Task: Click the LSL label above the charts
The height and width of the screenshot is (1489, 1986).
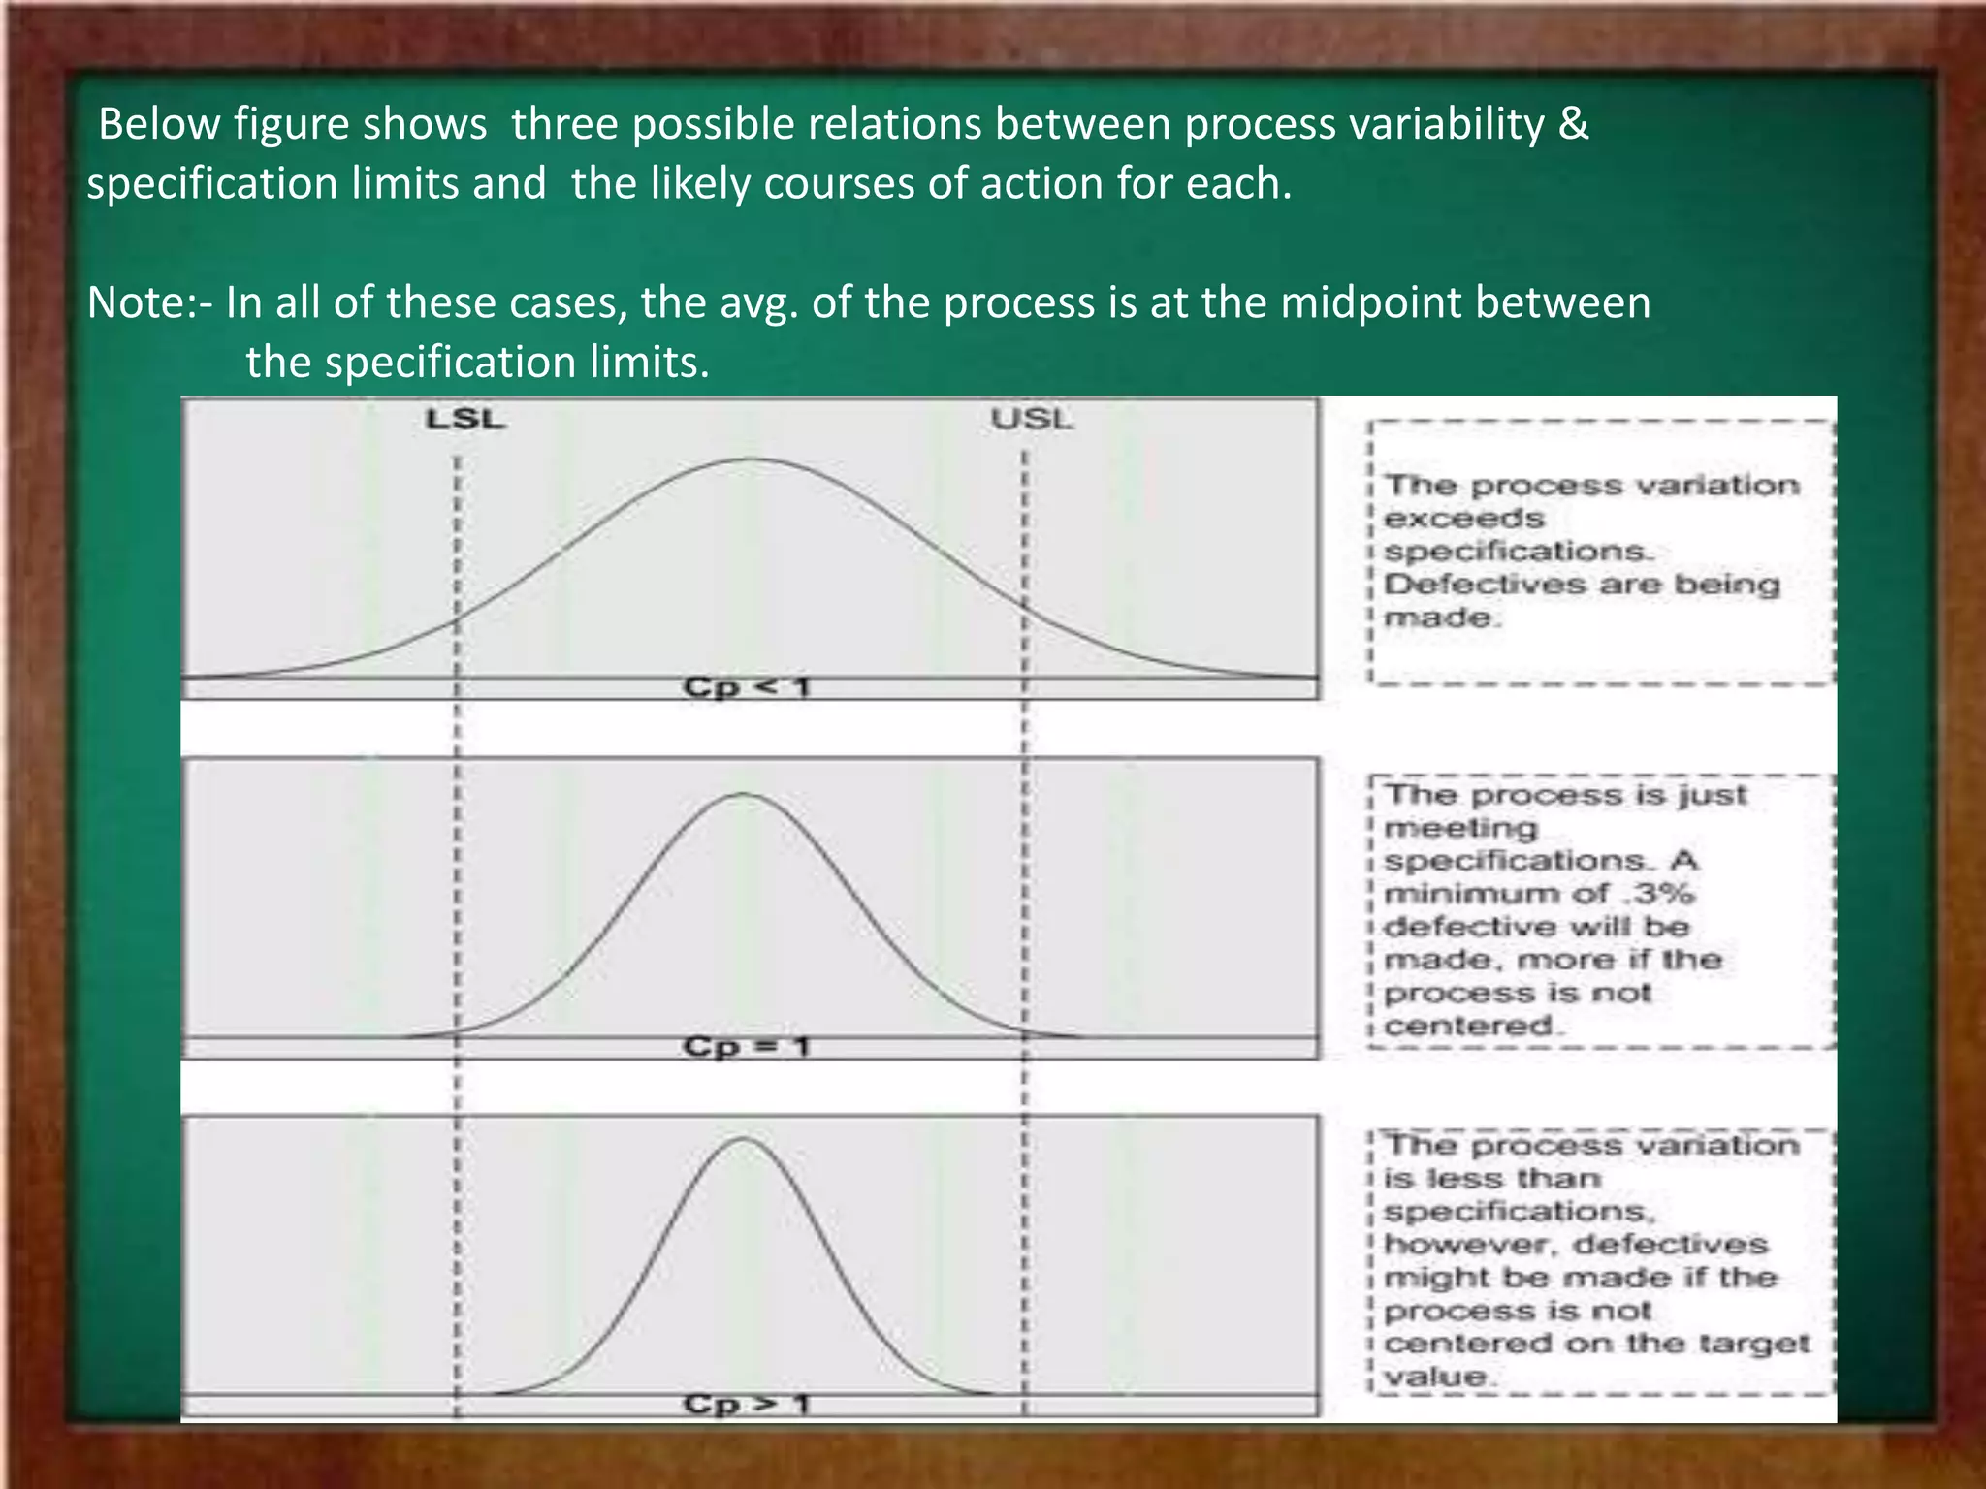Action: click(x=465, y=420)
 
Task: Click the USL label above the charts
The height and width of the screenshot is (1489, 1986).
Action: click(x=1032, y=420)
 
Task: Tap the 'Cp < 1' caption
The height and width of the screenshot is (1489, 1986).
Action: click(x=746, y=687)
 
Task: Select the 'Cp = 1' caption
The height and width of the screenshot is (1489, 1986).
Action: click(x=746, y=1047)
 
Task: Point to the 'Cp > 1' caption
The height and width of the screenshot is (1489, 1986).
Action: click(x=746, y=1404)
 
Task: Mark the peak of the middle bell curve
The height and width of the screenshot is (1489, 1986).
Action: click(x=743, y=794)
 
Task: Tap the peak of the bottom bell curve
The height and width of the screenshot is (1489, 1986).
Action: click(x=743, y=1138)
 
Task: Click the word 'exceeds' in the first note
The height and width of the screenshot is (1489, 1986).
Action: click(x=1463, y=519)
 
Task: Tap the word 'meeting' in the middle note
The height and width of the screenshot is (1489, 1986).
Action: click(x=1460, y=829)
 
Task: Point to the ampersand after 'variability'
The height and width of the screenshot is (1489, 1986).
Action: click(x=1574, y=124)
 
